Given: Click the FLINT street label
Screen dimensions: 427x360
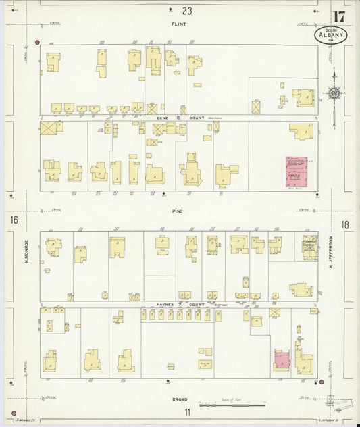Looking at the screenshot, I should point(178,24).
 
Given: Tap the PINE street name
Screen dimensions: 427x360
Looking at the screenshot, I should point(178,211).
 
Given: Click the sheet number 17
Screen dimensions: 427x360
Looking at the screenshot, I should point(339,16).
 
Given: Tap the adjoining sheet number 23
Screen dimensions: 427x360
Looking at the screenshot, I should point(187,10).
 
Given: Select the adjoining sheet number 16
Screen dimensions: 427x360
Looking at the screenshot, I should point(13,221).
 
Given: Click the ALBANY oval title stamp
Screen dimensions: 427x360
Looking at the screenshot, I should point(330,35).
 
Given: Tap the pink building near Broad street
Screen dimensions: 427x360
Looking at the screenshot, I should point(282,359).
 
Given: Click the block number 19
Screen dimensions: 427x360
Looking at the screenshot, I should point(179,117).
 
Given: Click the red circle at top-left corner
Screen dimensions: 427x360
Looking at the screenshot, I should point(36,42).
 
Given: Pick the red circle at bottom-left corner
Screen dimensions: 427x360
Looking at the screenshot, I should point(13,412).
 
